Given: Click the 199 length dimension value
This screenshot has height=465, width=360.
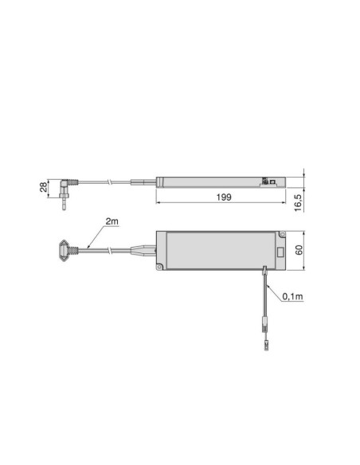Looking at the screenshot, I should [223, 196].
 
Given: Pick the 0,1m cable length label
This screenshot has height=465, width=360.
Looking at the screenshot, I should [291, 296].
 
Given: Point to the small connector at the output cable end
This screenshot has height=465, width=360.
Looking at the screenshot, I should [264, 347].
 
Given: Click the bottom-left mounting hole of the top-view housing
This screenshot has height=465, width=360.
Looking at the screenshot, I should [162, 266].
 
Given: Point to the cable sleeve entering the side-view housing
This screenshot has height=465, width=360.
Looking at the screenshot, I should [145, 181].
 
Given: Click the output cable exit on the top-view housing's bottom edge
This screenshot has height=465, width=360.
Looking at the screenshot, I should [264, 271].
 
